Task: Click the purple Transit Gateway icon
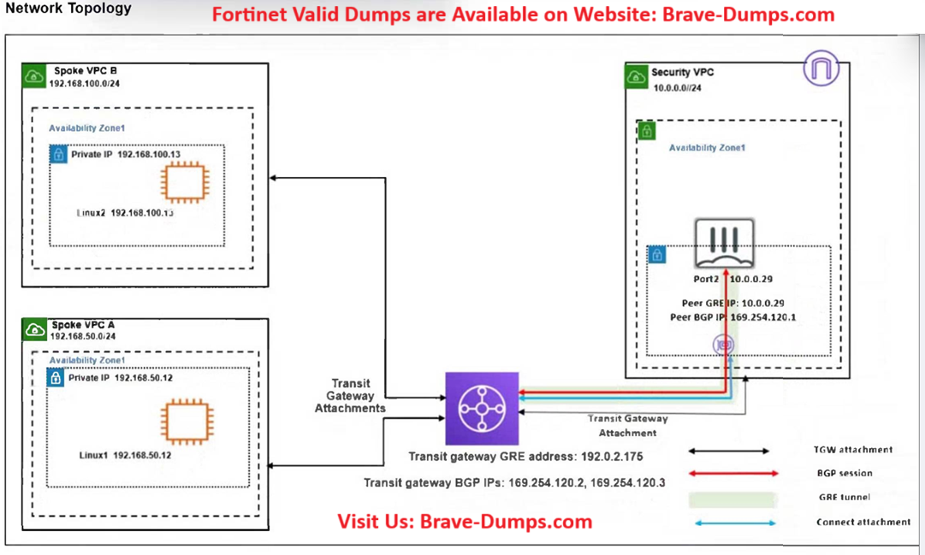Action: pyautogui.click(x=482, y=408)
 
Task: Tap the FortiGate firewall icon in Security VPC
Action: pyautogui.click(x=725, y=243)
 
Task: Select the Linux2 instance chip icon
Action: pyautogui.click(x=184, y=183)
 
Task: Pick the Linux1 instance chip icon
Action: pyautogui.click(x=184, y=422)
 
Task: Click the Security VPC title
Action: pyautogui.click(x=682, y=73)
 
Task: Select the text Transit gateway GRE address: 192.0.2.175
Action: pyautogui.click(x=525, y=457)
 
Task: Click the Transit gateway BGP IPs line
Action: pyautogui.click(x=514, y=482)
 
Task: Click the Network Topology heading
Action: pyautogui.click(x=68, y=9)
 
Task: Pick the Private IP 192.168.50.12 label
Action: pyautogui.click(x=121, y=378)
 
